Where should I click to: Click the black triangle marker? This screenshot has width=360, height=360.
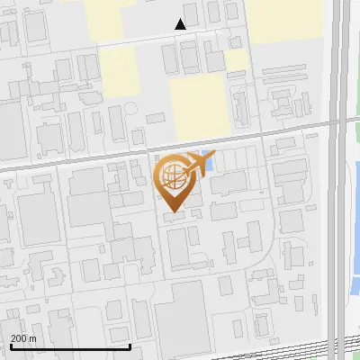point(181,24)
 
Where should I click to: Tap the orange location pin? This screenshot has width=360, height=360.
point(175,179)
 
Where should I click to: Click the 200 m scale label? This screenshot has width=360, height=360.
point(23,338)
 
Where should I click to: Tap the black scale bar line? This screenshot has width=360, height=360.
point(70,346)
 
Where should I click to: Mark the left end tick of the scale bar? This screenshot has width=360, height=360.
point(10,345)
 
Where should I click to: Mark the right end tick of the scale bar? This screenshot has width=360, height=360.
point(130,345)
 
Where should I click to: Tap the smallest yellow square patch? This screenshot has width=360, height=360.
point(236,60)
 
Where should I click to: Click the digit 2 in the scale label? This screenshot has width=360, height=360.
point(13,338)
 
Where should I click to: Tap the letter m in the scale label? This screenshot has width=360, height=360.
point(33,339)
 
